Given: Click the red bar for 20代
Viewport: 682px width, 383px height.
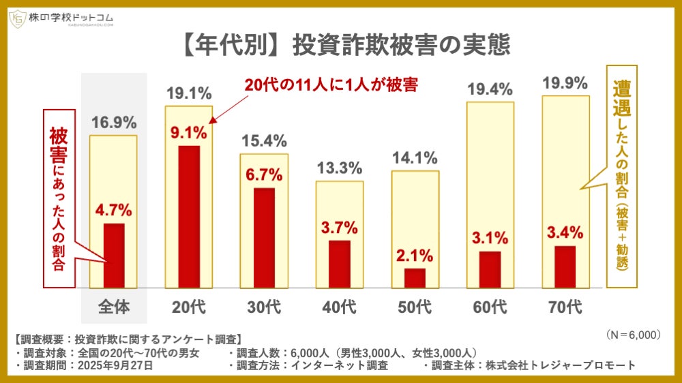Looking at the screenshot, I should point(189,217).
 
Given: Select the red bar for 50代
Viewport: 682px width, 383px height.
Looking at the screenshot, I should point(415,278).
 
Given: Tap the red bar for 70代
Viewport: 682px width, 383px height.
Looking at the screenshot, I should point(565,266).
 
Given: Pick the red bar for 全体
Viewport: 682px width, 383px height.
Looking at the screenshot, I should point(114,256).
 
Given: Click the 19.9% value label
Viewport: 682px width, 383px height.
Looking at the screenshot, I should point(565,84).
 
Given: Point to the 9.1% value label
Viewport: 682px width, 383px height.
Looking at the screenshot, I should point(189,132).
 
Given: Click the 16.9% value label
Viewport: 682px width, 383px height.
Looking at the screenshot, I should point(114,123).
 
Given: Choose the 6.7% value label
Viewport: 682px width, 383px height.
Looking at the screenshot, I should point(264,174).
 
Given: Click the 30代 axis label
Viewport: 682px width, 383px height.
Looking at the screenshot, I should point(264,307).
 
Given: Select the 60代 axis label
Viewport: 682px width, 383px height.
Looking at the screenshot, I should point(490,307).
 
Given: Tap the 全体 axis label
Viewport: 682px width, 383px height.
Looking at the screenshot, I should point(114,307).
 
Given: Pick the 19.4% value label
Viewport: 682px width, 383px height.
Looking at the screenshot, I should point(490,87).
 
